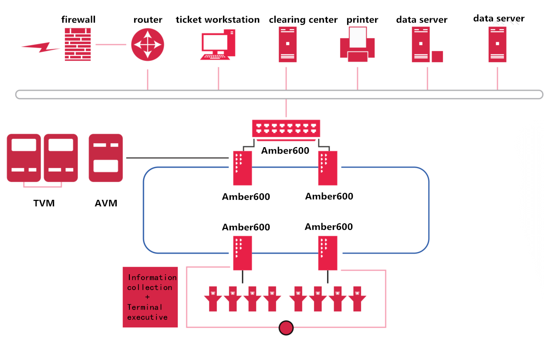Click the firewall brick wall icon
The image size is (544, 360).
78,44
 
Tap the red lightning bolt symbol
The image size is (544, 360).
41,47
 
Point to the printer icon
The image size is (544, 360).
357,43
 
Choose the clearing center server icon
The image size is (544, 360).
287,44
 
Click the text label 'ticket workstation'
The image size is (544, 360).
218,20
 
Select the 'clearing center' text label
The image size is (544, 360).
303,20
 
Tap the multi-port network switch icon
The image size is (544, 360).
286,128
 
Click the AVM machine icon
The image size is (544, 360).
106,158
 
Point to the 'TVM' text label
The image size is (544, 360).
44,203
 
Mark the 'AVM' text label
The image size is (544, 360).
106,203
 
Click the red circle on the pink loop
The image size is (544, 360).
286,327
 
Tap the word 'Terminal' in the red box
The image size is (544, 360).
145,307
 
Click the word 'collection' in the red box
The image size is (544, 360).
149,287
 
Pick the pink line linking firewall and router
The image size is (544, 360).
111,44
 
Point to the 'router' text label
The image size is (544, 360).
148,20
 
